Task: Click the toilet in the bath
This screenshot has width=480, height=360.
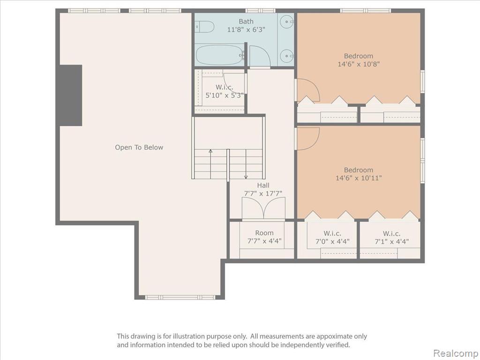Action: pos(204,27)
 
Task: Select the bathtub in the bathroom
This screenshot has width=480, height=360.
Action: pos(219,55)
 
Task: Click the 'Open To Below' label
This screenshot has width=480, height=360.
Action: pos(139,147)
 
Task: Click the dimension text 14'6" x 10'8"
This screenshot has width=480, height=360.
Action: pos(359,64)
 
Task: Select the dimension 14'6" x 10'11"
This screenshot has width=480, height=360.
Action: pos(359,178)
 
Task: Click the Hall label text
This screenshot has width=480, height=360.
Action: pos(263,185)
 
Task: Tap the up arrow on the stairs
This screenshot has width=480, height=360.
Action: pos(210,164)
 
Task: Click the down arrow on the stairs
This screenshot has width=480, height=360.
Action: pos(246,164)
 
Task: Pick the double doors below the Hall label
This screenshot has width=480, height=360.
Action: pos(263,208)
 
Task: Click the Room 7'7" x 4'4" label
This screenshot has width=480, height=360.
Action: pos(264,237)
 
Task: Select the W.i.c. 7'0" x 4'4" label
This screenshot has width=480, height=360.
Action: pos(332,237)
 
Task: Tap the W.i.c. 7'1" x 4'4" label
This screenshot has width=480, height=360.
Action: pos(391,237)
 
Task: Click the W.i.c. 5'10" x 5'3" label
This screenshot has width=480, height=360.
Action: pos(225,91)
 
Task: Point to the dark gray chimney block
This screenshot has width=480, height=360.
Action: pos(71,95)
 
